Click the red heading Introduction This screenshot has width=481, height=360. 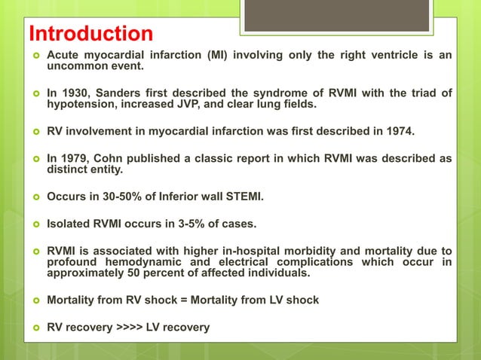coord(90,34)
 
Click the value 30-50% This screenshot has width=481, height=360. coord(124,197)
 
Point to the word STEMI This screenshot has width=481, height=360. coord(240,197)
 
